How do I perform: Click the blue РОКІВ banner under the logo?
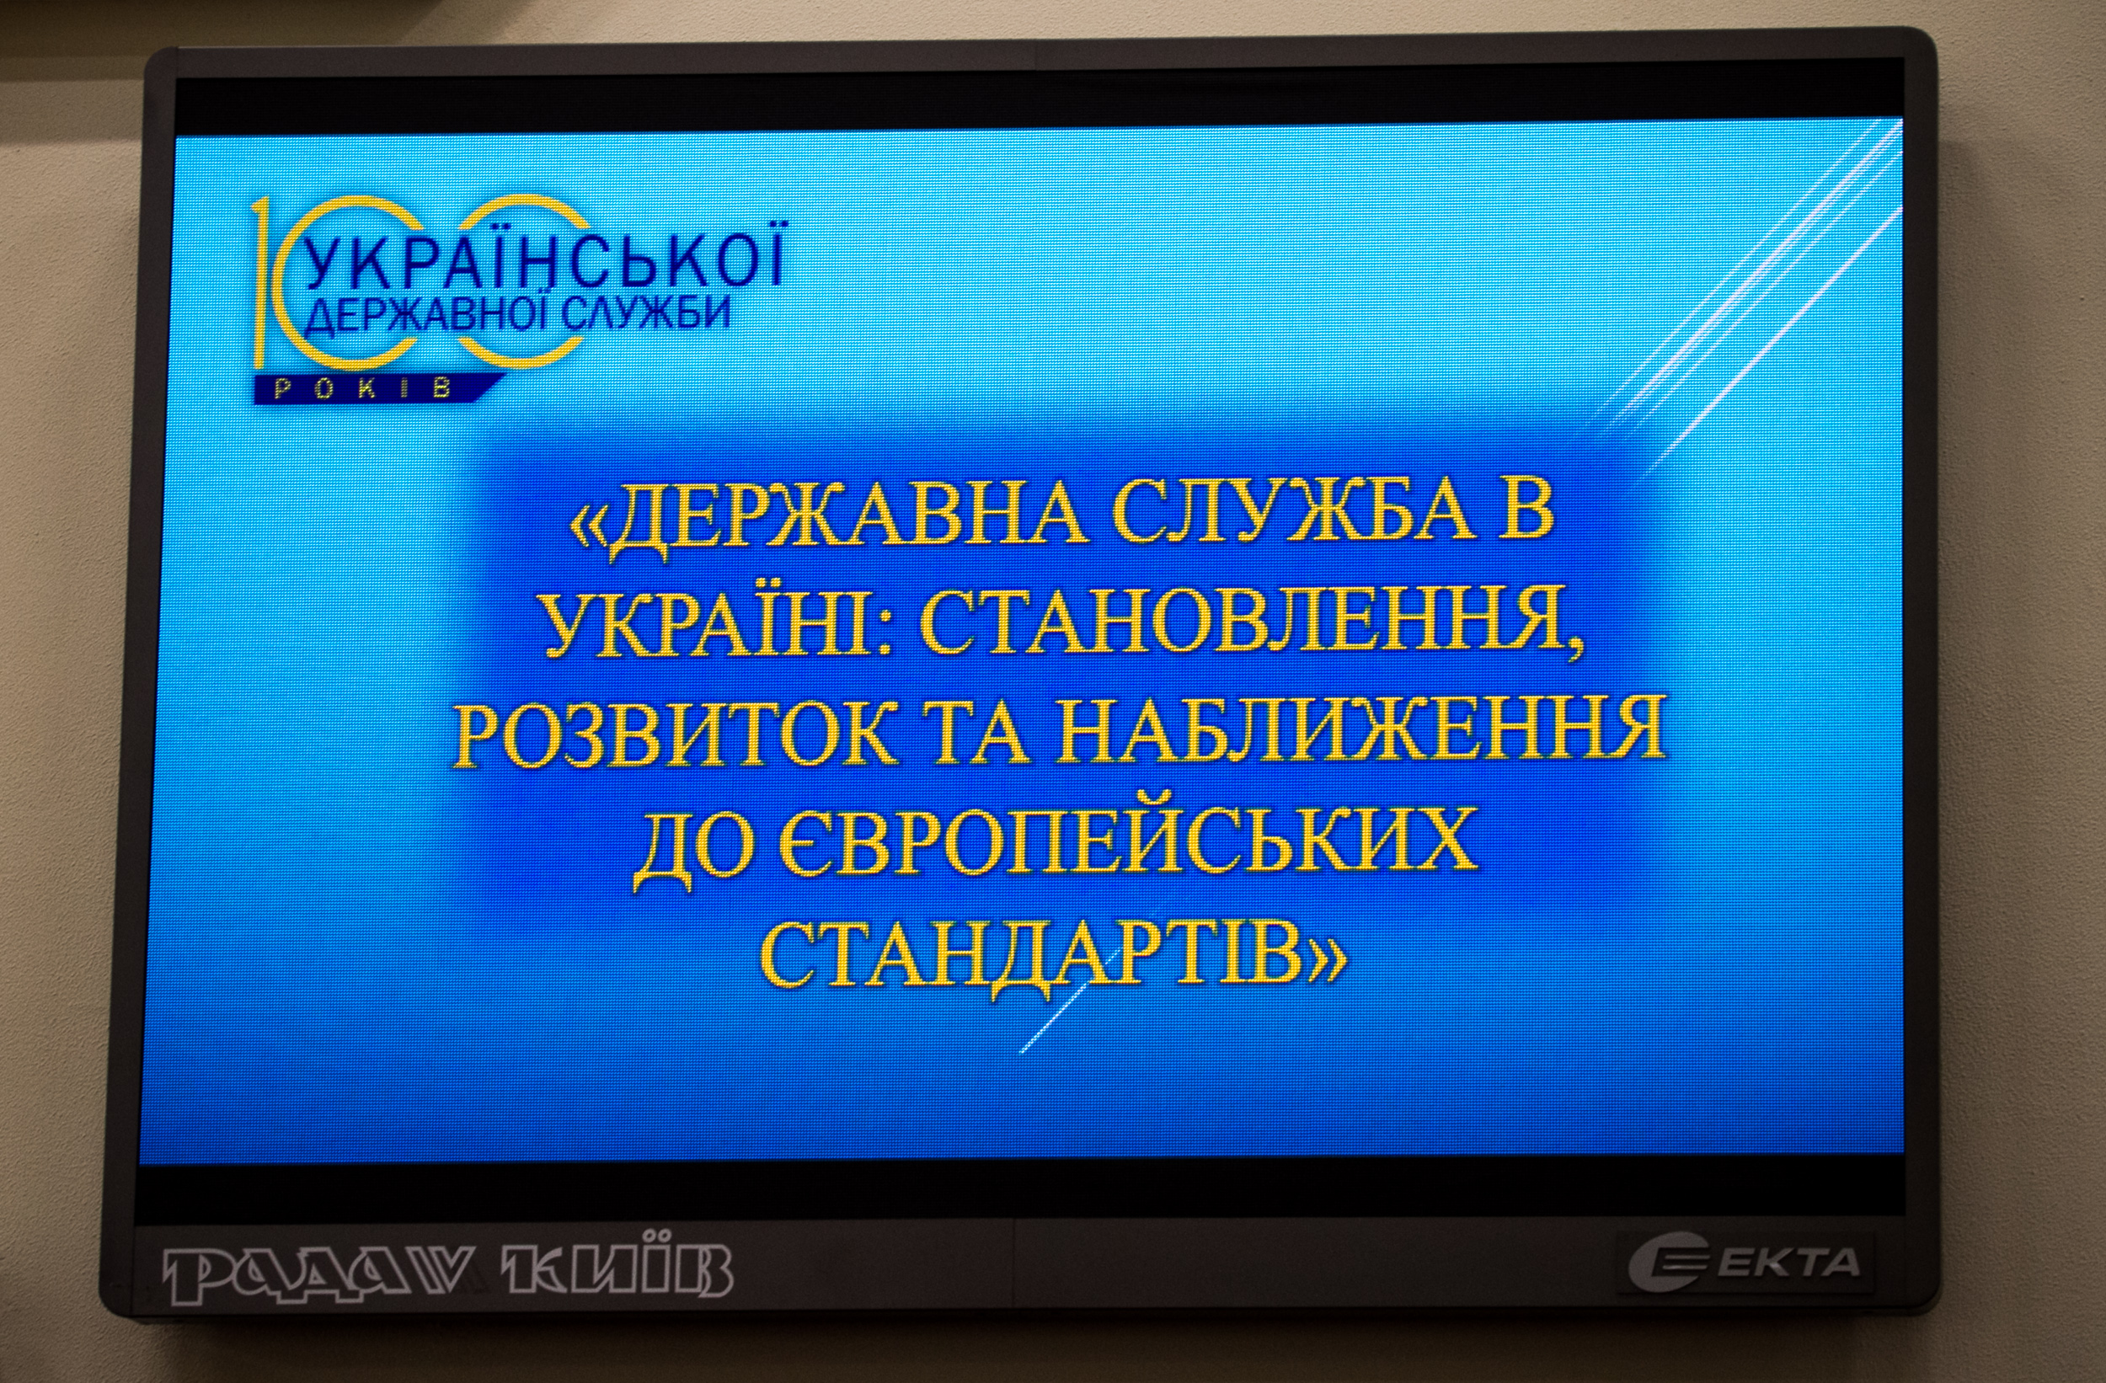376,388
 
